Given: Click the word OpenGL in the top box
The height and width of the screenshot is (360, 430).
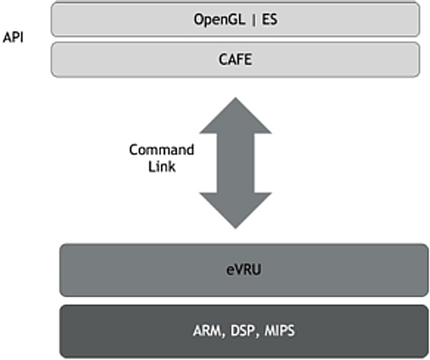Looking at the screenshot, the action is coord(219,21).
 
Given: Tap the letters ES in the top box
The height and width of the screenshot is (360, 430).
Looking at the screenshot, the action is coord(269,20).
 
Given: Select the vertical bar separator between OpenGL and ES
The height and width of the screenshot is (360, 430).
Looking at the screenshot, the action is coord(254,20).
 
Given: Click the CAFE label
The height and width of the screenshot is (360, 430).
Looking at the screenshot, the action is coord(236,59).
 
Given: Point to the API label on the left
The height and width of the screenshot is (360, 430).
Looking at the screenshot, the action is coord(13,38).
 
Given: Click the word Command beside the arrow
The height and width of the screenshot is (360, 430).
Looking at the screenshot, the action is coord(162,149).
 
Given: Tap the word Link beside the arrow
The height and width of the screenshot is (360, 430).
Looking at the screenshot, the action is coord(162,167).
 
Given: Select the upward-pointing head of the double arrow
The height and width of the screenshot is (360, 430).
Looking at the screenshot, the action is coord(236,115).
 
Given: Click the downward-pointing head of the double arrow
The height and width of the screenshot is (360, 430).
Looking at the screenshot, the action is coord(236,211).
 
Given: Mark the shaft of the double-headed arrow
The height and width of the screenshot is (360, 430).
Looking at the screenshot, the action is coord(236,163).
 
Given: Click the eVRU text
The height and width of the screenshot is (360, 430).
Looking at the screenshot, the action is coord(243,270).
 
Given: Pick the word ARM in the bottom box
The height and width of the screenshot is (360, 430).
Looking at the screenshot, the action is coord(207,331).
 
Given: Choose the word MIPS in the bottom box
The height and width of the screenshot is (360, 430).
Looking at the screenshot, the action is coord(279,331).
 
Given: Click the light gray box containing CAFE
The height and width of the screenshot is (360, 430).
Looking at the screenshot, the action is coord(236,59).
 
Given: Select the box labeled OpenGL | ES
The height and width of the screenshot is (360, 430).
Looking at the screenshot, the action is coord(236,20).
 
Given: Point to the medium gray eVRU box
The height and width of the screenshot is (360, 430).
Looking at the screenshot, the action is coord(244,270).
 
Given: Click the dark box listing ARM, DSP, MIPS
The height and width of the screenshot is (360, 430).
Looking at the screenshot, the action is coord(244,332).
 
